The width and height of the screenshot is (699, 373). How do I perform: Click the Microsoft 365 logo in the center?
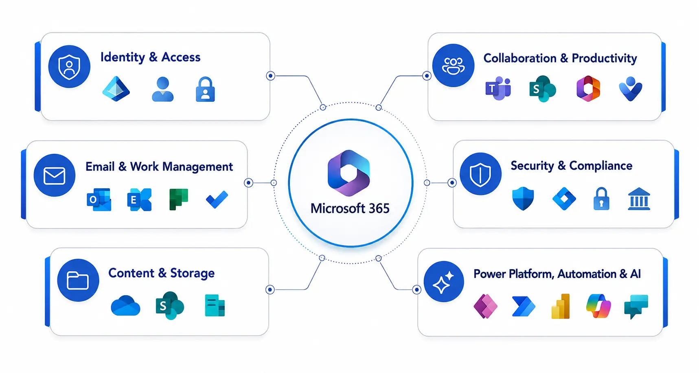pos(349,173)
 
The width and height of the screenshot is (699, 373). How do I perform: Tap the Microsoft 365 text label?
pos(350,208)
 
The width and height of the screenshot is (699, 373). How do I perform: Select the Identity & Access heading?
pos(150,57)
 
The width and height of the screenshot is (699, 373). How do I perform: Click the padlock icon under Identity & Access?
pos(205,89)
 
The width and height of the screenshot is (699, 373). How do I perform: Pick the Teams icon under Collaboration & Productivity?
pos(498,88)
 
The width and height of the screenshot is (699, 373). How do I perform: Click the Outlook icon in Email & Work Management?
pos(99,200)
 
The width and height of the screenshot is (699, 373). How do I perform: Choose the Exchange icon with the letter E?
pos(139,200)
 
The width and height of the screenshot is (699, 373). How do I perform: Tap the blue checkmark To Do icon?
pos(217,200)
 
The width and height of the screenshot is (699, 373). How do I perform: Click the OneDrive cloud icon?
pos(125,306)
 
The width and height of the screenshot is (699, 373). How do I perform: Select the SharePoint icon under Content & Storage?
pos(170,305)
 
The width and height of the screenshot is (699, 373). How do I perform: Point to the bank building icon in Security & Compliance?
pos(639,199)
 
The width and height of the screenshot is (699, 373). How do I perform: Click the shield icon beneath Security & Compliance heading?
pos(523,199)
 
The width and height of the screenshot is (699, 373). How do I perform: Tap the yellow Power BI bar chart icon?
pos(561,306)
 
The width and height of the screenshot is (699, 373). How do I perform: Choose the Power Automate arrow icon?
pos(524,306)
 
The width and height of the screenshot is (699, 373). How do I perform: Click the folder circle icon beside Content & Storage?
pos(78,280)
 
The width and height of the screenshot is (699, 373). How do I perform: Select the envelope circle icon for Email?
pos(55,176)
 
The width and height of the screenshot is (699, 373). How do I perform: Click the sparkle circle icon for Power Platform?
pos(444,281)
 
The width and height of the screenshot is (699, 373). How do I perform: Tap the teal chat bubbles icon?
pos(636,307)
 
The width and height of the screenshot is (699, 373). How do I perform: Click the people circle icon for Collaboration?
pos(454,66)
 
